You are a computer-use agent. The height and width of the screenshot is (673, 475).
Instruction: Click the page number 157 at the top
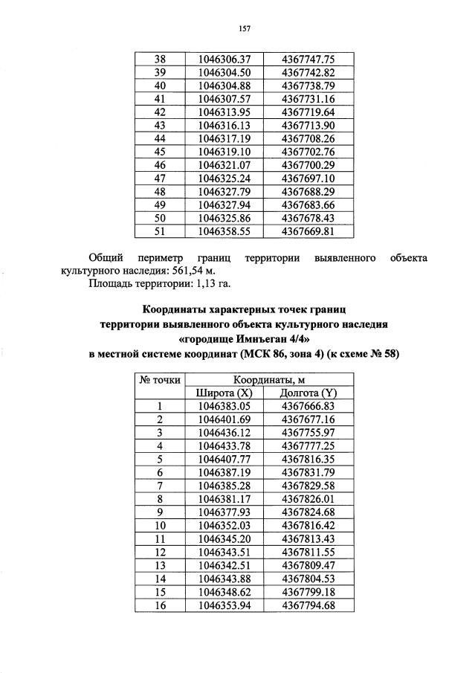242,29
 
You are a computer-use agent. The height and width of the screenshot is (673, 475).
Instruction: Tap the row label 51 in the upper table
158,231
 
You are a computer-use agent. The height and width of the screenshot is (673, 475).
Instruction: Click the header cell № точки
159,379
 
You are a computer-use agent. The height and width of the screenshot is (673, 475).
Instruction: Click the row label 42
158,112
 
